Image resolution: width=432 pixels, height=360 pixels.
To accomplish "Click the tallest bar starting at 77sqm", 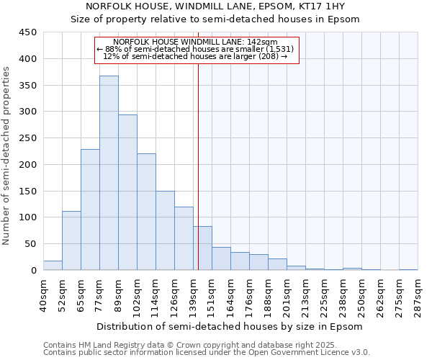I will click(x=109, y=173).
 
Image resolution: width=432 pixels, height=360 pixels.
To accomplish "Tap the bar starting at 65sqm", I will click(x=90, y=210).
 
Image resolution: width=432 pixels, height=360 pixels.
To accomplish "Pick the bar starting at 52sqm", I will click(x=71, y=240).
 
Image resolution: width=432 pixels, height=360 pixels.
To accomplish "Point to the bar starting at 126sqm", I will click(x=184, y=238).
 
